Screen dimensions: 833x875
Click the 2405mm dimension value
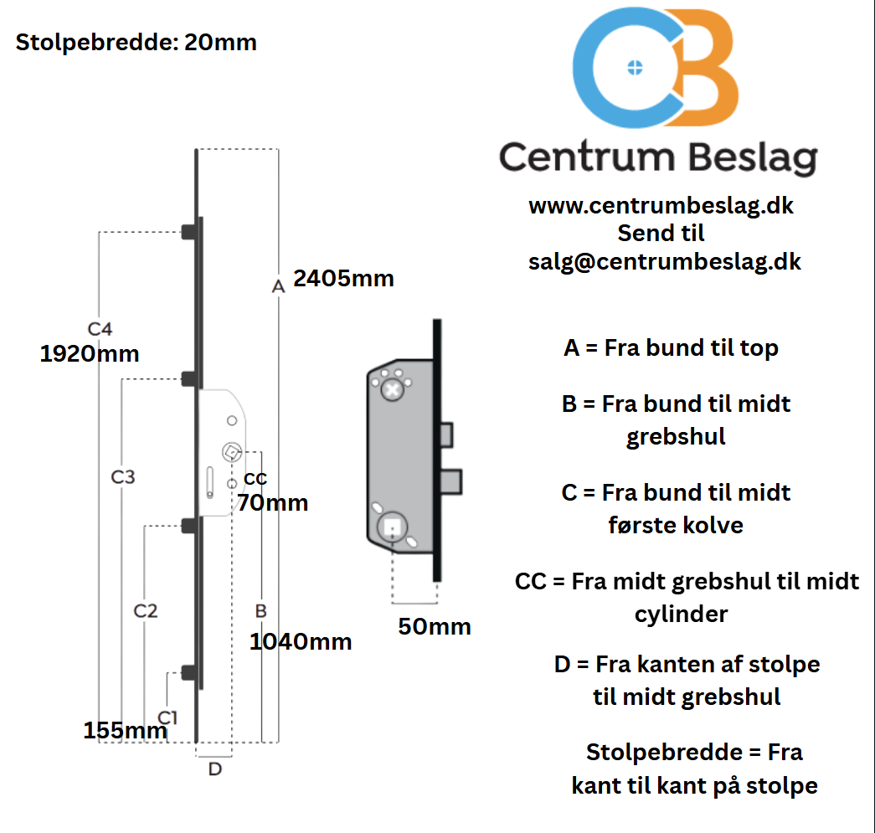(x=343, y=278)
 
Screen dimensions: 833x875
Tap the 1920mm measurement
(x=90, y=354)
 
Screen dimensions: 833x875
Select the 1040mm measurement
(x=301, y=642)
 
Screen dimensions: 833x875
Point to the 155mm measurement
(x=125, y=731)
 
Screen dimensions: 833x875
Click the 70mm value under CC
(x=272, y=503)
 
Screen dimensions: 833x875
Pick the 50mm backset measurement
(x=435, y=626)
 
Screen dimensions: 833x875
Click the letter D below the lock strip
(x=215, y=769)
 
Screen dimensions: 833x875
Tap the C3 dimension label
(x=123, y=477)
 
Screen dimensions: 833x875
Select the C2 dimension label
(x=146, y=611)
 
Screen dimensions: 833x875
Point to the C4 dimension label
(x=100, y=329)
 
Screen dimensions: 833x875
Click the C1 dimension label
(x=168, y=717)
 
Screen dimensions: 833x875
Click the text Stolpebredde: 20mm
(x=136, y=42)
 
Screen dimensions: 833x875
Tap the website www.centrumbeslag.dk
(x=661, y=205)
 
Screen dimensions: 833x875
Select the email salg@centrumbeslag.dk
(x=665, y=261)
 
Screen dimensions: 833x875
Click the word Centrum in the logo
(x=587, y=157)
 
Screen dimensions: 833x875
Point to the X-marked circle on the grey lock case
(x=392, y=390)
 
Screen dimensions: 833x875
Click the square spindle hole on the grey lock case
(x=392, y=527)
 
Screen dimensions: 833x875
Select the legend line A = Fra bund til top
(x=671, y=348)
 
